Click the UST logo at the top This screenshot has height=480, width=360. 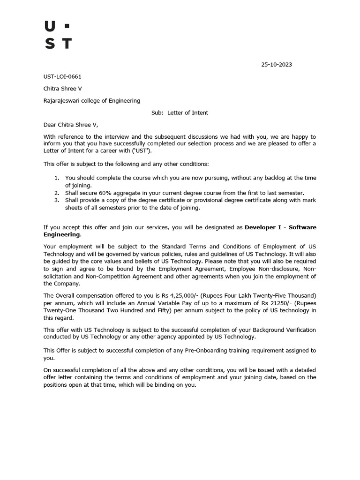click(58, 35)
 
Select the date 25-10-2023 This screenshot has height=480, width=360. click(277, 65)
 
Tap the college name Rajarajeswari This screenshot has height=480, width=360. click(63, 100)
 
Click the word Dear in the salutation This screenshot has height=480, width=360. click(50, 125)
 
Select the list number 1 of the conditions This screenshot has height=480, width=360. click(57, 178)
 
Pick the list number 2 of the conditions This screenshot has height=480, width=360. click(57, 193)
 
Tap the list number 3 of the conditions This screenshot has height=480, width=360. click(57, 200)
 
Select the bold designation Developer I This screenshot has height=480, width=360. click(263, 227)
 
